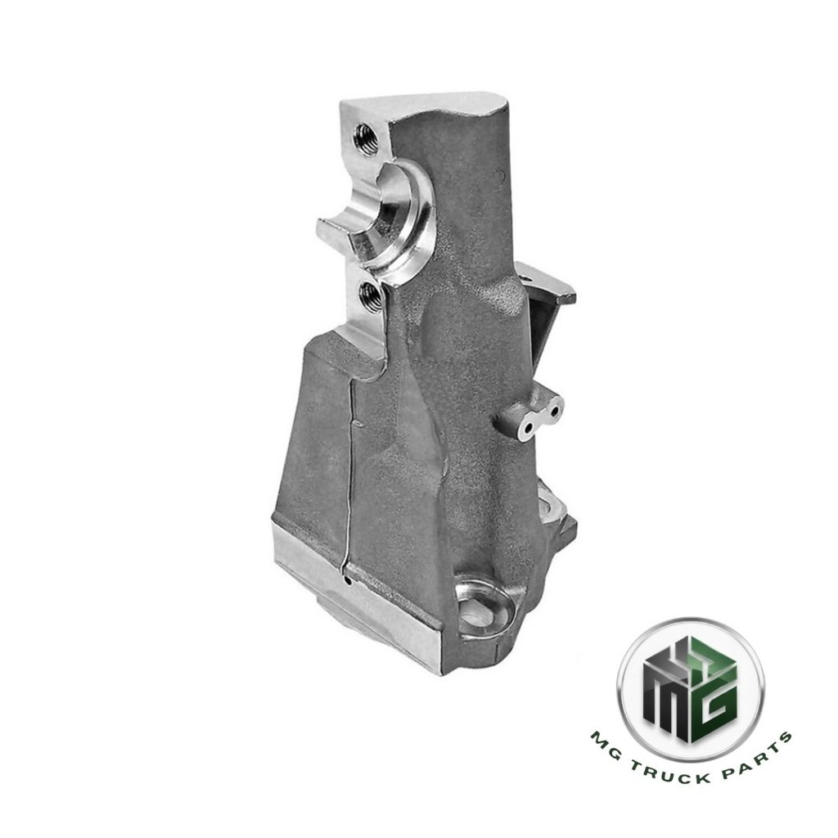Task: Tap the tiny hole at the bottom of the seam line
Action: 348,582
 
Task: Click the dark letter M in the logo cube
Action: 665,692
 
